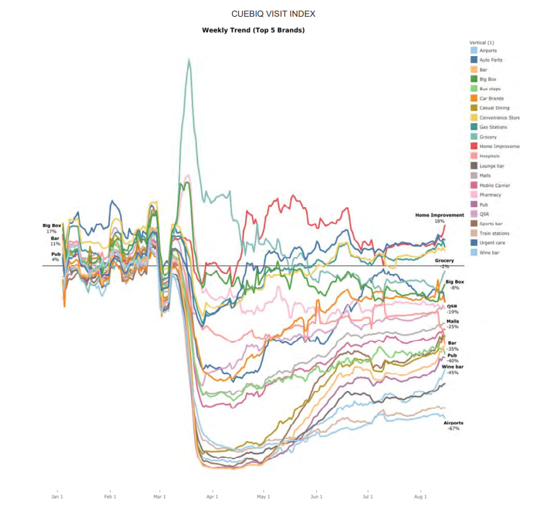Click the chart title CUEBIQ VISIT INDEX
point(273,14)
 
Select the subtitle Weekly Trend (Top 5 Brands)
point(253,30)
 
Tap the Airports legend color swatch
point(474,51)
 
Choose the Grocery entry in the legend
point(488,137)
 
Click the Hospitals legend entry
point(489,156)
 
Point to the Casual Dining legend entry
point(494,108)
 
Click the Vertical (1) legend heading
point(482,42)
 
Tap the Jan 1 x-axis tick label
point(57,496)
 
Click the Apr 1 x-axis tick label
point(212,496)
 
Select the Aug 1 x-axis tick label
point(421,496)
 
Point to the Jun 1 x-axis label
point(317,496)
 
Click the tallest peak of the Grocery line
point(189,59)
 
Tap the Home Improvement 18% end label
point(440,217)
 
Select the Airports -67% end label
point(453,426)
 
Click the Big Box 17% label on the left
point(52,228)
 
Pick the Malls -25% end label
point(453,324)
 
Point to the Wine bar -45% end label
point(453,369)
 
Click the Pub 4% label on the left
point(55,257)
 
